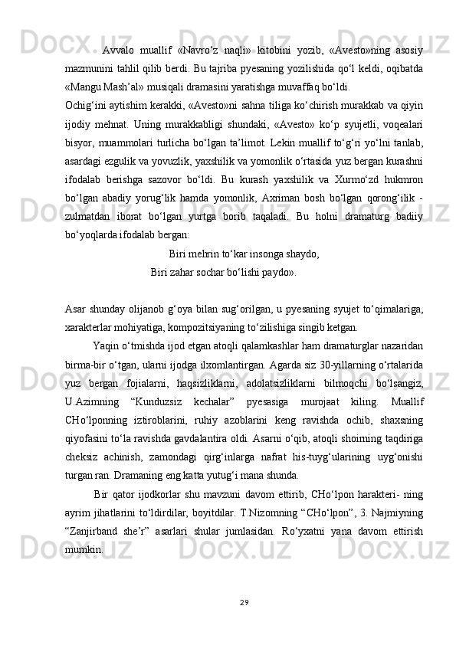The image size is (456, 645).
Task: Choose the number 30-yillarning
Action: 351,361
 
